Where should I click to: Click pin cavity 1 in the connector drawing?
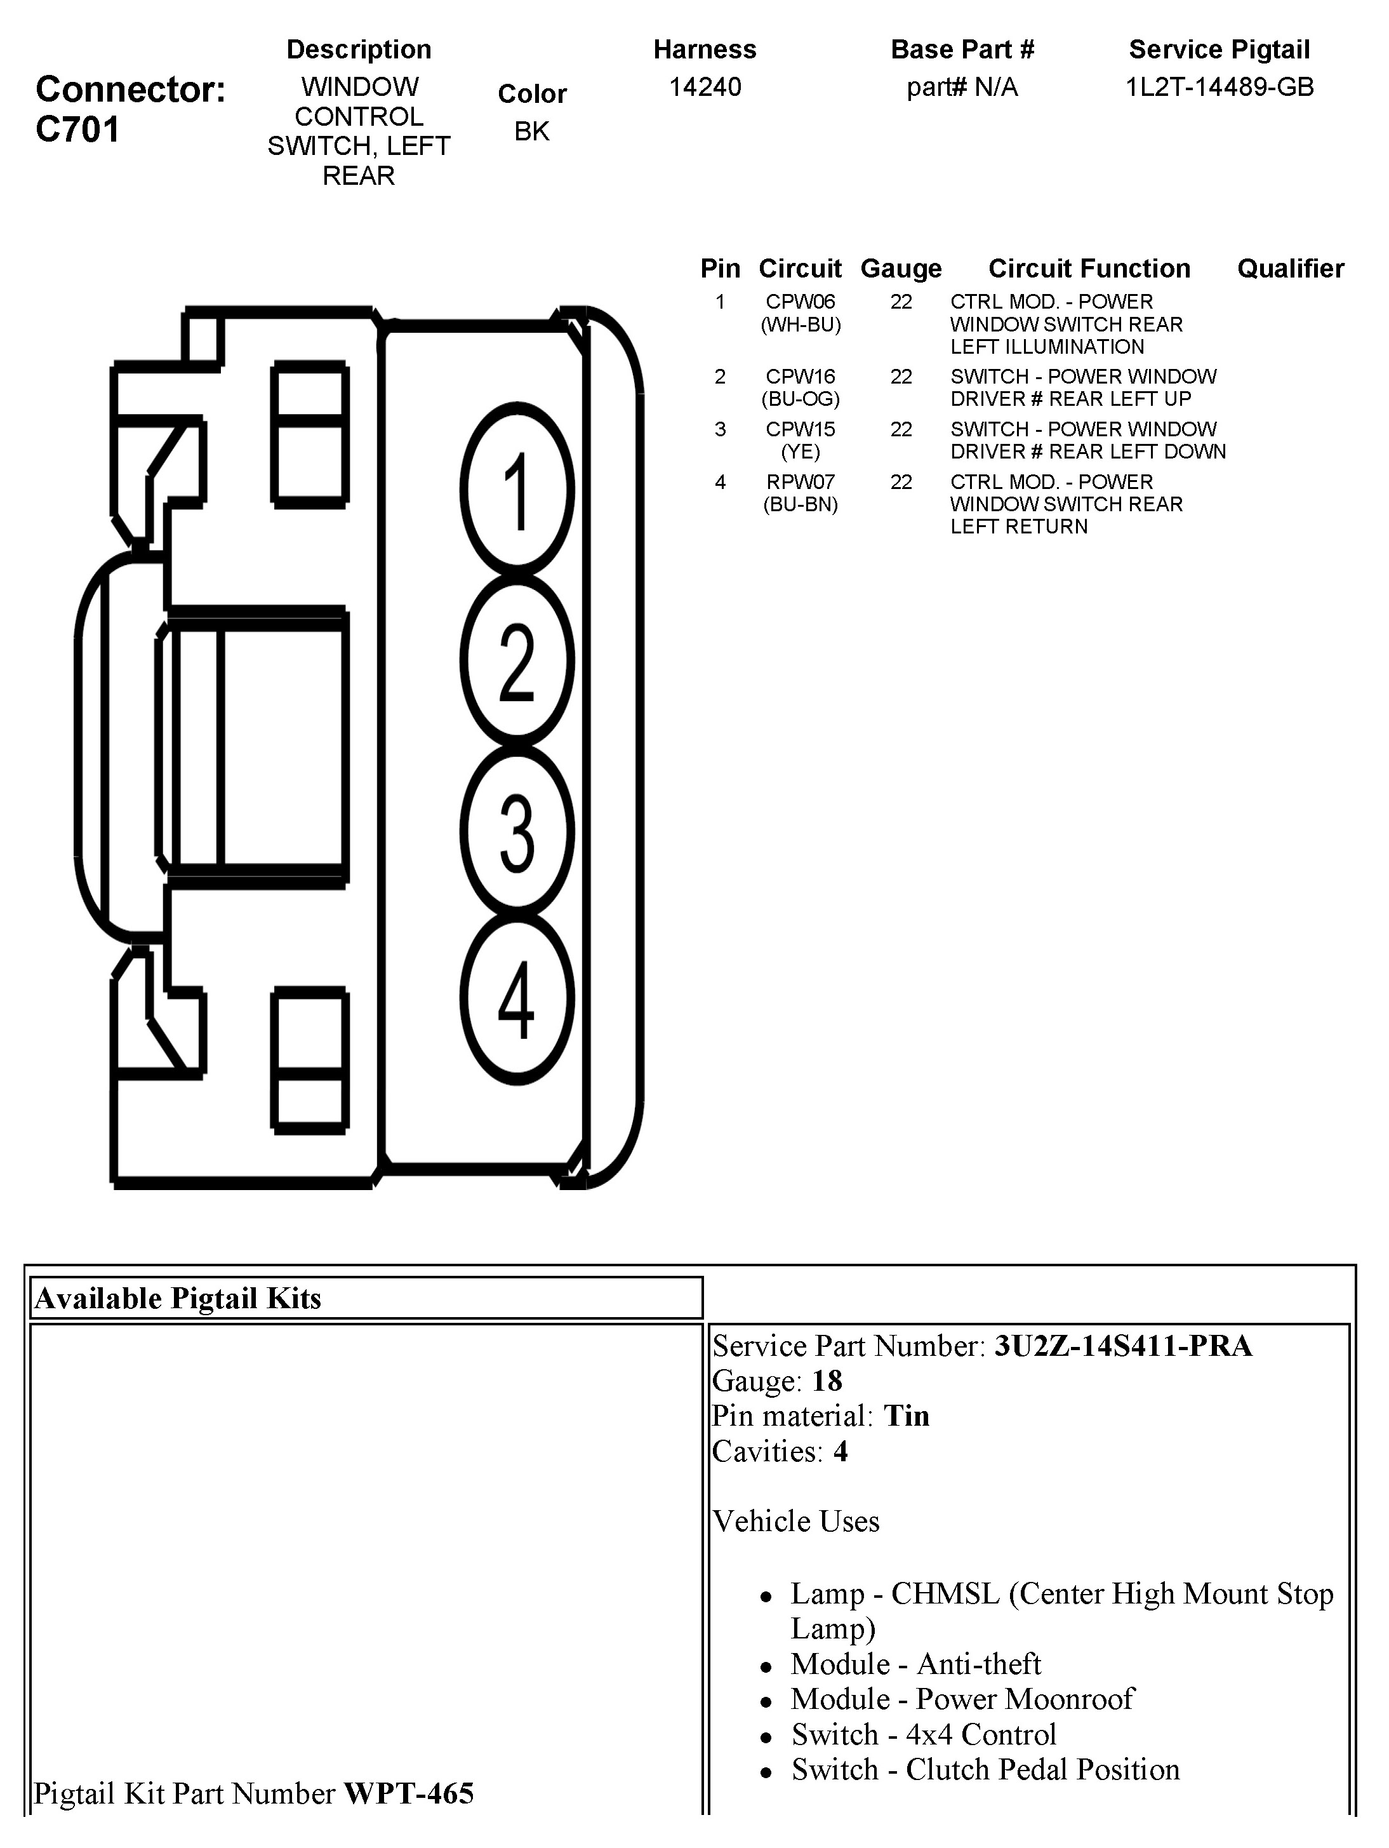[x=517, y=490]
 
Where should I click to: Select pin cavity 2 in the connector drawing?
[x=517, y=661]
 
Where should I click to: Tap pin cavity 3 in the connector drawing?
[x=517, y=831]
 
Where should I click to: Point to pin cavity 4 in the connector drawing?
[x=517, y=999]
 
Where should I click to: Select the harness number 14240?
[x=705, y=87]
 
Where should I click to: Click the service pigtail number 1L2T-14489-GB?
[x=1220, y=87]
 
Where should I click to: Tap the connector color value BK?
[x=532, y=131]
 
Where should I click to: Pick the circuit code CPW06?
[x=800, y=302]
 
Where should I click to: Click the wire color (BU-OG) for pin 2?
[x=800, y=399]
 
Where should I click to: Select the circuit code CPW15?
[x=800, y=429]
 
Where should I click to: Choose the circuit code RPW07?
[x=800, y=482]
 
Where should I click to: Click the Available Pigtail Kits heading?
[x=178, y=1298]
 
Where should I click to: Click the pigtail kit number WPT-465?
[x=408, y=1793]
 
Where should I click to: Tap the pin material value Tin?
[x=907, y=1416]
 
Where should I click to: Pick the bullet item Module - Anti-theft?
[x=915, y=1664]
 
